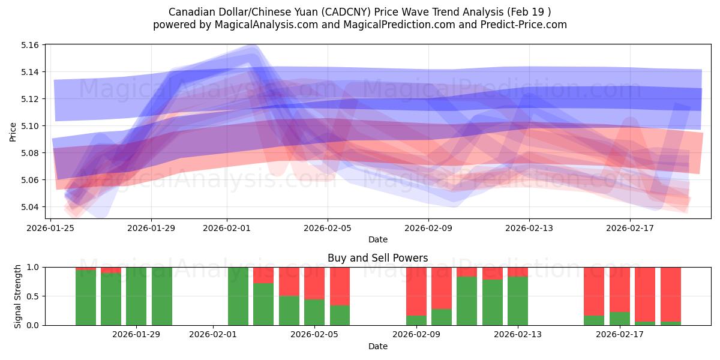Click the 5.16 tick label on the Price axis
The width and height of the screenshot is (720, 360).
coord(31,45)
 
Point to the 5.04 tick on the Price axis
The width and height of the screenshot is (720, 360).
coord(31,207)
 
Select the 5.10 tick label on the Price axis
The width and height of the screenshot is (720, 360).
coord(31,126)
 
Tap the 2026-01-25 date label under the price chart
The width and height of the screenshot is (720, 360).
coord(50,228)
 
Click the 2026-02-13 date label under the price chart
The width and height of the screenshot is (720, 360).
coord(529,228)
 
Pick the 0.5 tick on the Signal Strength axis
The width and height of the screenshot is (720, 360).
coord(32,296)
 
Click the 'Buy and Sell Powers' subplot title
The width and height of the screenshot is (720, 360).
coord(377,258)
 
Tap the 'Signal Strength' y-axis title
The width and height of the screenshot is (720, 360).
coord(17,296)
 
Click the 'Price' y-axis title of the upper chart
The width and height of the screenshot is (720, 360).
coord(13,131)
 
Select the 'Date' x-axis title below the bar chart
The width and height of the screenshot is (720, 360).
coord(377,346)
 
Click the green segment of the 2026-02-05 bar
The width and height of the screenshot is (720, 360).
coord(314,312)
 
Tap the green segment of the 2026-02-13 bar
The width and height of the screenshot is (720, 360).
coord(517,301)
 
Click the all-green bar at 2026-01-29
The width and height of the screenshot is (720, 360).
coord(136,296)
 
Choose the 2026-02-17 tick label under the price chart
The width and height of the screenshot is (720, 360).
coord(630,228)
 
